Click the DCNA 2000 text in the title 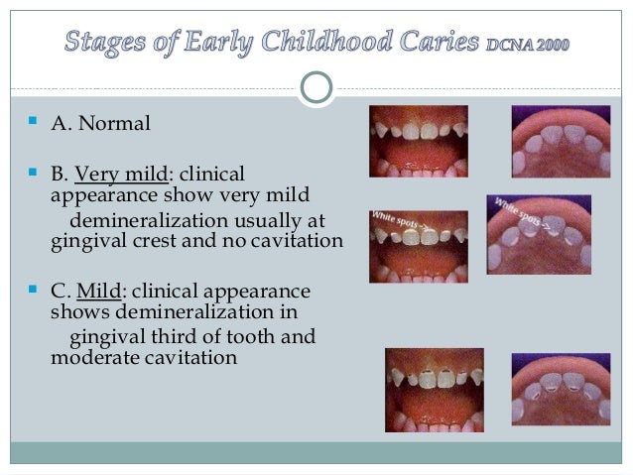tap(528, 46)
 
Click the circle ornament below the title tap(316, 87)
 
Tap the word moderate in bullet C tap(90, 357)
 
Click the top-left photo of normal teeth tap(419, 141)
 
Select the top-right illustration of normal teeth tap(561, 141)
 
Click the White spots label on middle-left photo tap(395, 219)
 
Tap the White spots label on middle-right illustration tap(519, 210)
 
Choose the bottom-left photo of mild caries tap(434, 389)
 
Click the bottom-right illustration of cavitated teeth tap(561, 389)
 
